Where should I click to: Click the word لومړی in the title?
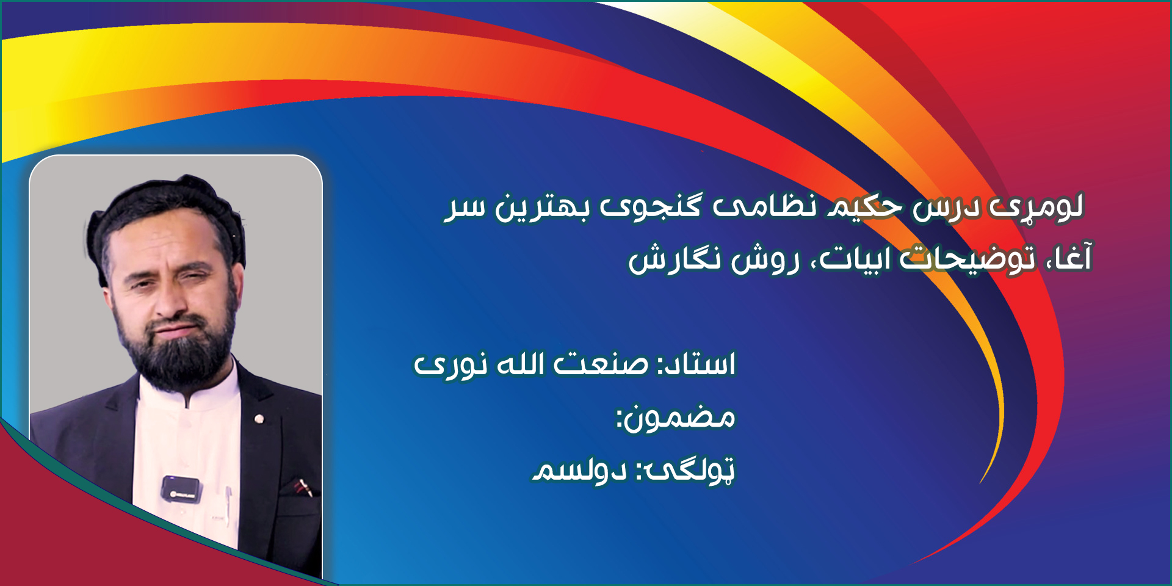tap(1036, 206)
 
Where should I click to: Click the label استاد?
tap(696, 364)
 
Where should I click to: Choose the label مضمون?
tap(676, 418)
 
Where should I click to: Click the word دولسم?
tap(579, 470)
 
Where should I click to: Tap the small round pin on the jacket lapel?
tap(259, 419)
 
